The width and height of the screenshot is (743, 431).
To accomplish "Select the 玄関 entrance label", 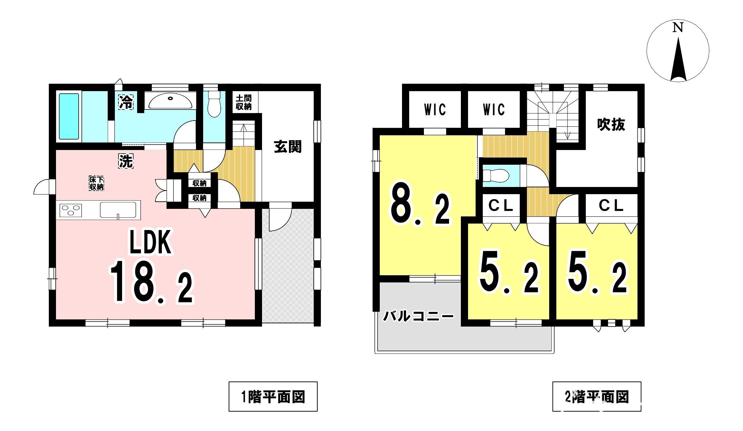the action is [288, 146].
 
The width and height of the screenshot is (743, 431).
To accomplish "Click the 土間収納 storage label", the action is [244, 102].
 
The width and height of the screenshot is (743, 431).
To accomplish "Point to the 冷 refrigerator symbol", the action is [126, 102].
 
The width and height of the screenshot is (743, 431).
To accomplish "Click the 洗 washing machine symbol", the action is [126, 161].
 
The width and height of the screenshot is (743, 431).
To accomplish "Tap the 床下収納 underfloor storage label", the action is [97, 183].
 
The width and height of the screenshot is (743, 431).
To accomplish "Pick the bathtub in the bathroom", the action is [69, 117].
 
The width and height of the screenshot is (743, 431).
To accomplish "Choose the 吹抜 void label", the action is [611, 125].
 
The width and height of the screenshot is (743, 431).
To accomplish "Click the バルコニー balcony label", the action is [419, 317].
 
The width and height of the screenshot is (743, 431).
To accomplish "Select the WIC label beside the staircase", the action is [494, 109].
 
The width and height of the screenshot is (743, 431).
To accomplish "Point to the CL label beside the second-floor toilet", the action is [501, 205].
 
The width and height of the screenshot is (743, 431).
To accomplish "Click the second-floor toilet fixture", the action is [496, 176].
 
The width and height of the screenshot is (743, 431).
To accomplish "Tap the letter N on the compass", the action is [678, 28].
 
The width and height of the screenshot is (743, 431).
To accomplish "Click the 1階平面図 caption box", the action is [273, 396].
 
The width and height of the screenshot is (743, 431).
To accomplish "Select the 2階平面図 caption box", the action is [597, 396].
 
